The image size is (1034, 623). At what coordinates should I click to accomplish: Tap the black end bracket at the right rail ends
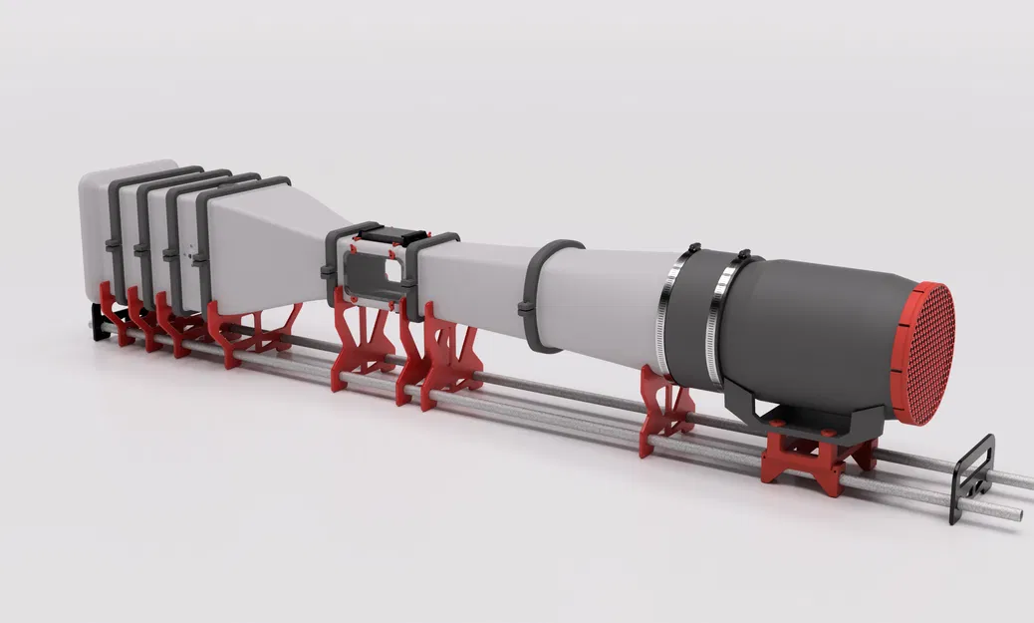[973, 476]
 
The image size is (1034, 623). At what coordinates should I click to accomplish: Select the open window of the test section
[371, 274]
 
